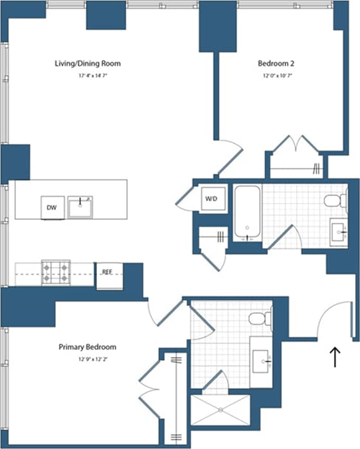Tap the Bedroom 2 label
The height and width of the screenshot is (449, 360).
pos(276,64)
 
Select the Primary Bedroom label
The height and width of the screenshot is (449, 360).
pos(87,347)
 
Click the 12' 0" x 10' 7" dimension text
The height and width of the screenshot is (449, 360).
pos(276,76)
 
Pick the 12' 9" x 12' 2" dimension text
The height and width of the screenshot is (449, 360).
pos(87,358)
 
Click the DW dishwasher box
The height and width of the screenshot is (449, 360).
pos(52,206)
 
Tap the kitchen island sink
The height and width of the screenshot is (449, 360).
pos(82,206)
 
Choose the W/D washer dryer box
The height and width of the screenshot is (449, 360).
pos(211,198)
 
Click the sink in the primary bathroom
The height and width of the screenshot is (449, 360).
pos(262,358)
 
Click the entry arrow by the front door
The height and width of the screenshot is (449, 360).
pos(334,357)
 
